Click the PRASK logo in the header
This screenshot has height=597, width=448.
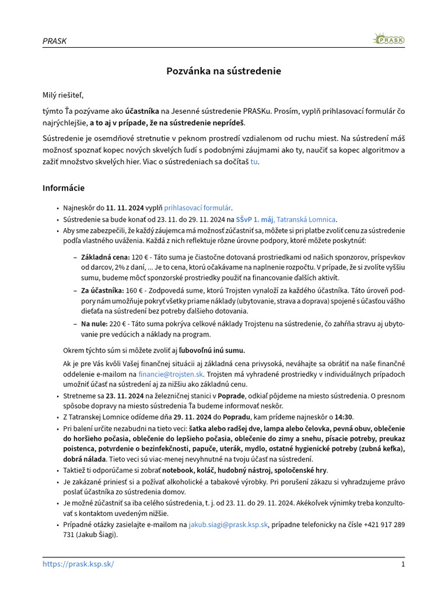pyautogui.click(x=388, y=40)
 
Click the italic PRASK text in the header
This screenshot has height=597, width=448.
pyautogui.click(x=54, y=41)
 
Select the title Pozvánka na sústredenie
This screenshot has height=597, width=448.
pyautogui.click(x=223, y=71)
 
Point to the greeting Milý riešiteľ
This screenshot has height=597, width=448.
pyautogui.click(x=67, y=95)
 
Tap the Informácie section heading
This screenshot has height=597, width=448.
pyautogui.click(x=64, y=188)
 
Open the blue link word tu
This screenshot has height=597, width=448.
pyautogui.click(x=254, y=161)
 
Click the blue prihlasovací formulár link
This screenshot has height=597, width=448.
pyautogui.click(x=197, y=208)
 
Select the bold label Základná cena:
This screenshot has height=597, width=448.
pyautogui.click(x=105, y=257)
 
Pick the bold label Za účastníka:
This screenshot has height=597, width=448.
pyautogui.click(x=103, y=290)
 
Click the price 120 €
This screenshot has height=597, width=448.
pyautogui.click(x=141, y=257)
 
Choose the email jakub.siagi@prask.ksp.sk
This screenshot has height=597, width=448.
pyautogui.click(x=228, y=525)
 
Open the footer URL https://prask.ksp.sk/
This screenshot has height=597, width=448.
pyautogui.click(x=78, y=564)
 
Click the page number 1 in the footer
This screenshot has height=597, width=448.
pyautogui.click(x=402, y=564)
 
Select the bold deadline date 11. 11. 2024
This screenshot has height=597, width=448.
pyautogui.click(x=125, y=208)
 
